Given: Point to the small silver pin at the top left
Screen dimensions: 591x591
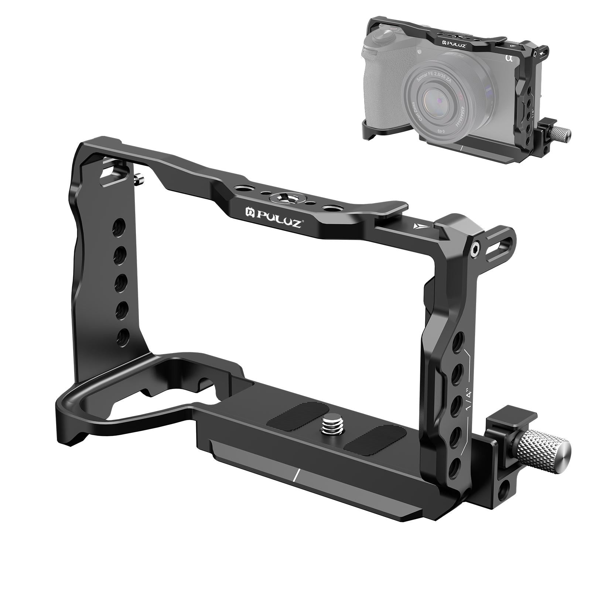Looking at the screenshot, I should [x=139, y=180].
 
